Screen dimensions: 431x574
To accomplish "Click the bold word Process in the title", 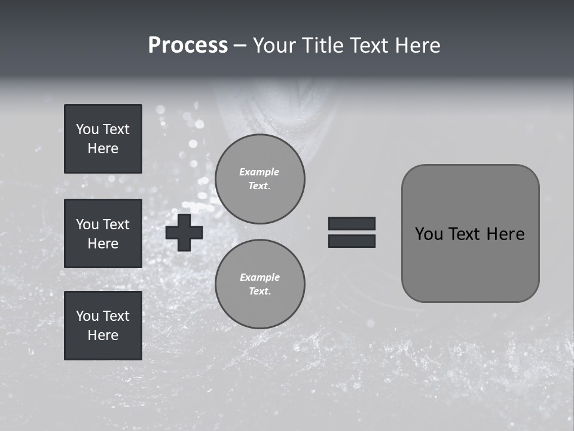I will (188, 45).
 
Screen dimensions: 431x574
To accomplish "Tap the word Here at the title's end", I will (417, 45).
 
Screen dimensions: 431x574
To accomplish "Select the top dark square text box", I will (103, 139).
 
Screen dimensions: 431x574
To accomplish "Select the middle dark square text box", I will (103, 233).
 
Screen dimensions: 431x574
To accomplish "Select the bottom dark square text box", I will (103, 326).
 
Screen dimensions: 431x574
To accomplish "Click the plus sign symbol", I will (184, 232).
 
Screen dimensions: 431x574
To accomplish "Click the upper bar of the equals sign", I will (352, 223).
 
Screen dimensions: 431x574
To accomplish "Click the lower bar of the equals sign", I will (352, 241).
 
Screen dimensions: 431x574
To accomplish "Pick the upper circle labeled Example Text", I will (259, 179).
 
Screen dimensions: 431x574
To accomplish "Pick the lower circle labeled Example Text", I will (259, 284).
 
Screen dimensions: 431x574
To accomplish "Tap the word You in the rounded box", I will (429, 234).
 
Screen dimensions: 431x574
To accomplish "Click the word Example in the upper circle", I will (259, 172).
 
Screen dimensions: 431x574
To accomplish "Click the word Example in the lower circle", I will (259, 277).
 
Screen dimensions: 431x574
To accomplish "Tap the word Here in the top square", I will (103, 148).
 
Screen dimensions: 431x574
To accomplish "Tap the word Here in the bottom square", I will (103, 335).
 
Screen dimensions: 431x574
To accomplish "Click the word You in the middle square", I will (87, 224).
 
